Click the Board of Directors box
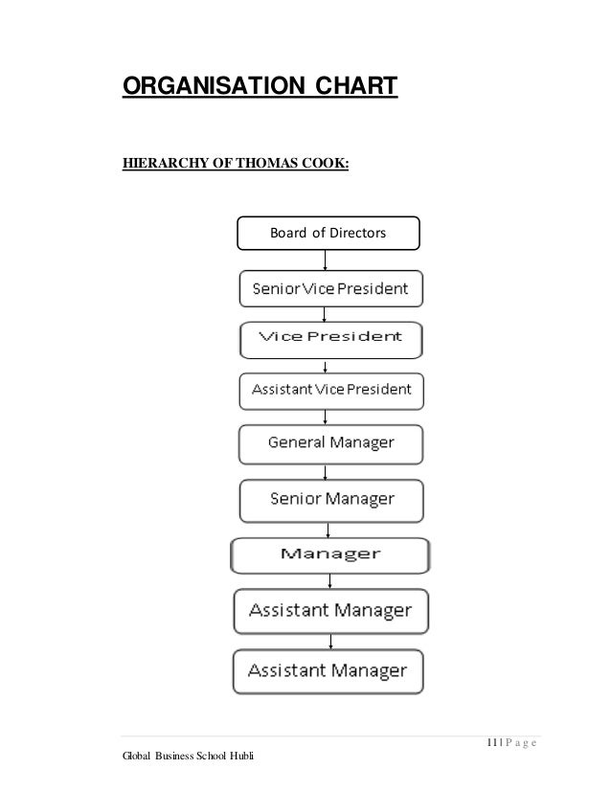(328, 234)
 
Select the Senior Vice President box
(329, 287)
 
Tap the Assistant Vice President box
(330, 390)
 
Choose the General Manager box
(330, 443)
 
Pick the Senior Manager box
(330, 499)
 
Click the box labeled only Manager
(329, 554)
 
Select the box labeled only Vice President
(329, 338)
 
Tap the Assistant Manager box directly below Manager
(330, 610)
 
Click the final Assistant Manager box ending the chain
(329, 670)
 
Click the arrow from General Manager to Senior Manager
(328, 471)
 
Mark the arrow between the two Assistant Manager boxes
(330, 639)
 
